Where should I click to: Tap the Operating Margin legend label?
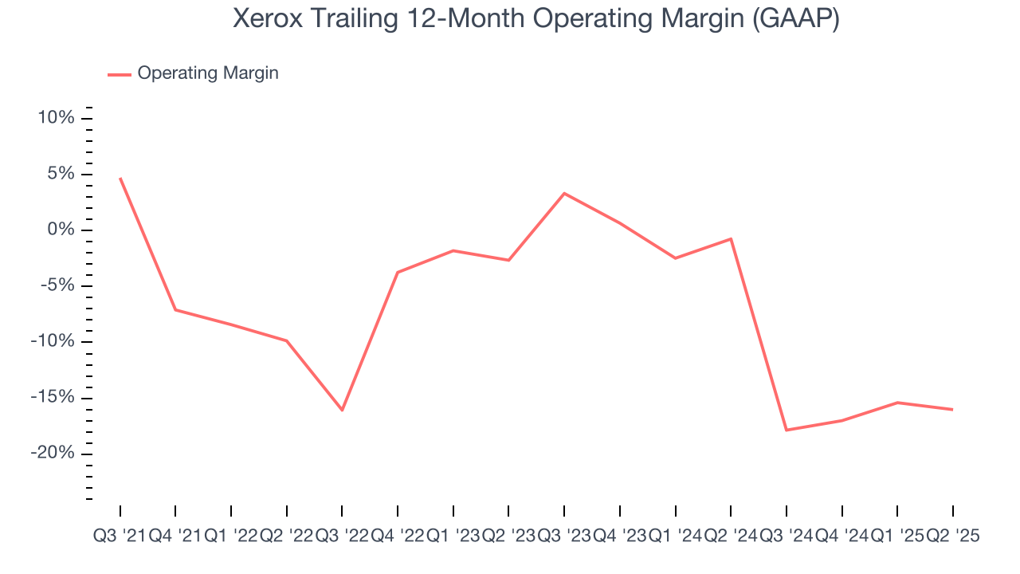pos(207,73)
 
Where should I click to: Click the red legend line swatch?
pos(120,74)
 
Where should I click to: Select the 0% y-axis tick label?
pos(61,230)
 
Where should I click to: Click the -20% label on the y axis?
pos(53,454)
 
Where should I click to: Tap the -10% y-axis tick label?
pos(53,342)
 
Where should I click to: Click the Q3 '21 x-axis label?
pos(120,537)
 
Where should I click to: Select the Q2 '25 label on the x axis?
pos(953,537)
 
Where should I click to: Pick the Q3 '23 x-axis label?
pos(564,537)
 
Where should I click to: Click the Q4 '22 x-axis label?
pos(398,537)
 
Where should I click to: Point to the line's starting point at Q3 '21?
pos(120,178)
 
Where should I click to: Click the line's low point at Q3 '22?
pos(342,410)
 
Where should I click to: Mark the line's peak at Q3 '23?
pos(564,193)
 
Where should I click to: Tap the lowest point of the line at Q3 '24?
pos(787,431)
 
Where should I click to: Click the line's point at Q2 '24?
pos(731,238)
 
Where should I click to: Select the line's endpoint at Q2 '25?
pos(953,410)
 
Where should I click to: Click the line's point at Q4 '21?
pos(175,309)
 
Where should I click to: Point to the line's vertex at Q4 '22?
pos(398,272)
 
